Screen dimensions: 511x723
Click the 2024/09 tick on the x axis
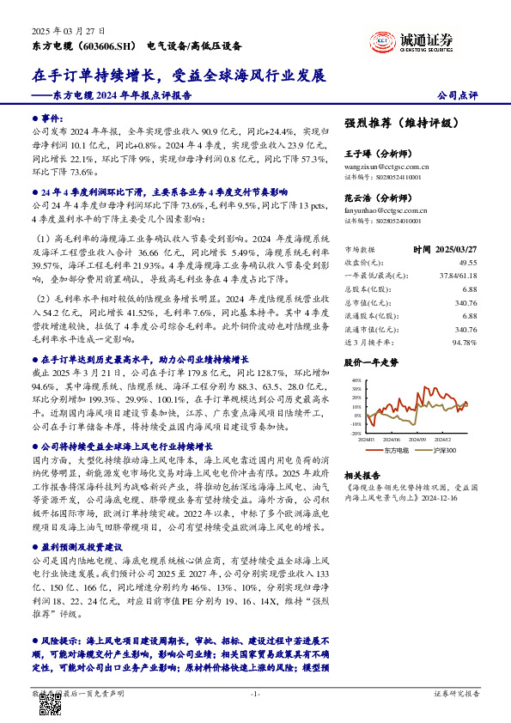point(422,439)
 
